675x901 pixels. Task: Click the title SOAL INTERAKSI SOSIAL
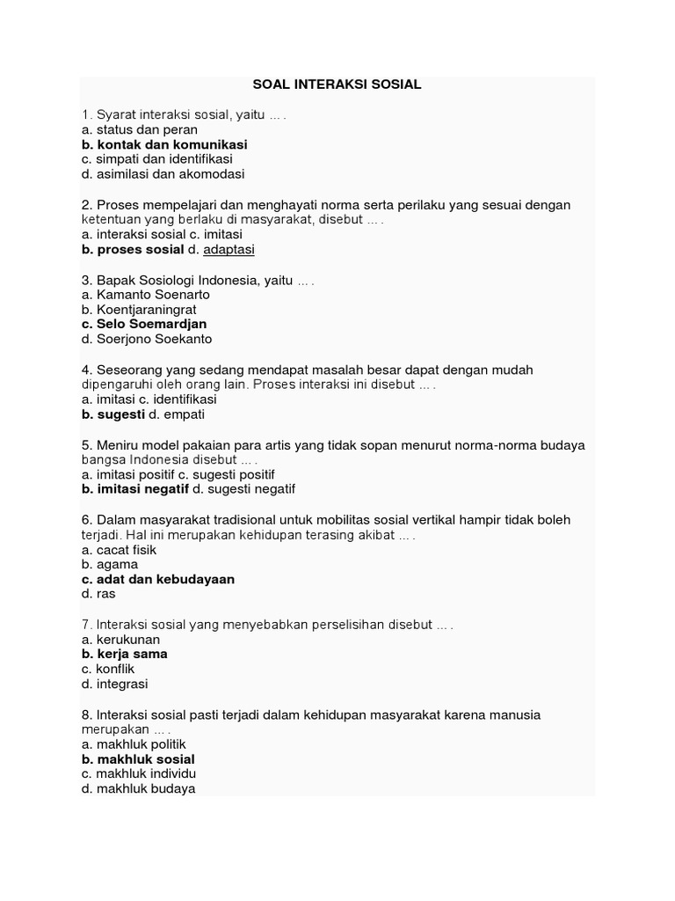tap(337, 84)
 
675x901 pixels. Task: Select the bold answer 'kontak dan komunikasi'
tap(171, 144)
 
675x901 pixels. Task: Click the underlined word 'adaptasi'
tap(229, 250)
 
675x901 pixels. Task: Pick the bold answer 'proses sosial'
tap(141, 250)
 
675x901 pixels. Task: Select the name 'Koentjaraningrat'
tap(146, 310)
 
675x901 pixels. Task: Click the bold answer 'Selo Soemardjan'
tap(151, 324)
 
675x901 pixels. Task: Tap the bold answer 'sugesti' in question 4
tap(120, 414)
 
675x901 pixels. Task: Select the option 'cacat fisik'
tap(126, 550)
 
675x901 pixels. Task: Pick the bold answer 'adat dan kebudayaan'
tap(164, 580)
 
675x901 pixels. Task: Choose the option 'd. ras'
tap(93, 594)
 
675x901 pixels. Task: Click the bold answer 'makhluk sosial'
tap(146, 758)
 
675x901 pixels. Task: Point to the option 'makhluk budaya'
tap(145, 788)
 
